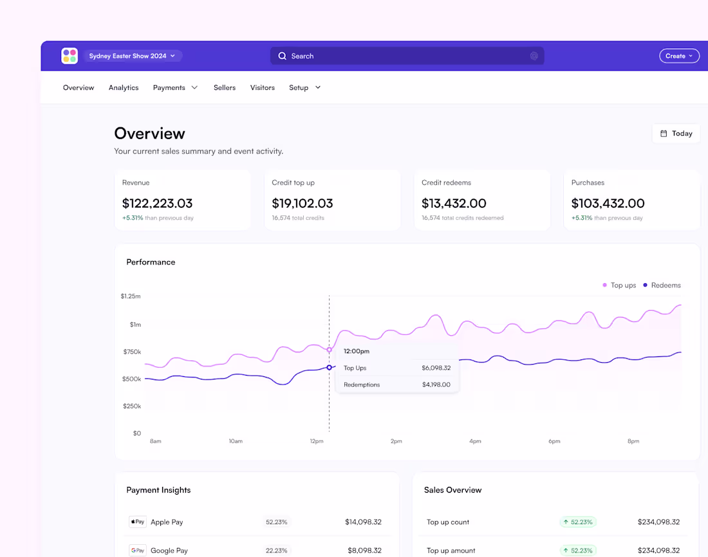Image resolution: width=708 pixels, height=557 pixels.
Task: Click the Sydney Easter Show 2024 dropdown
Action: pos(133,56)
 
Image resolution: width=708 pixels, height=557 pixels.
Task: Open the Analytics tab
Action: pos(124,87)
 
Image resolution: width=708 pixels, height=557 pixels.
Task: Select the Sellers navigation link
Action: pos(225,87)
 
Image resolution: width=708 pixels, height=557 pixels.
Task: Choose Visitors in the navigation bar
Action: pos(263,87)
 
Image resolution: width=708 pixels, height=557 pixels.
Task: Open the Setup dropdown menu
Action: pos(304,87)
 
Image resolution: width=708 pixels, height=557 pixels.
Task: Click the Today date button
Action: pos(676,134)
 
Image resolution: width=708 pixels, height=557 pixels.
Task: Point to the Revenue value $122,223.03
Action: pos(157,203)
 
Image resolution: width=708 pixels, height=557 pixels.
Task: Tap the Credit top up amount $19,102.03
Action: pos(303,203)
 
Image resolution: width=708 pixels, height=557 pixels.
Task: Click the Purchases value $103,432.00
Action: pos(608,203)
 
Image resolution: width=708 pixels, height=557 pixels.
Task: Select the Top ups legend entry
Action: pos(619,285)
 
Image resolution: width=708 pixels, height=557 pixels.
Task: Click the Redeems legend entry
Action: pos(662,285)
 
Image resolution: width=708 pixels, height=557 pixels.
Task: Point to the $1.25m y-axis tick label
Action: pos(131,297)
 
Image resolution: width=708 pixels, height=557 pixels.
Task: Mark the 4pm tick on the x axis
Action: pos(475,441)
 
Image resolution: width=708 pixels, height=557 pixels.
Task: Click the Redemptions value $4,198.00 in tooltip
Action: pos(436,385)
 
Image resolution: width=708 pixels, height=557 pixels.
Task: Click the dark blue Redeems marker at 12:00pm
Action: pos(330,367)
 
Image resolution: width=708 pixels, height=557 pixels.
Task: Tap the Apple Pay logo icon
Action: pos(138,522)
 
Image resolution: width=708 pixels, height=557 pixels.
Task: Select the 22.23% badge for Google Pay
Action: pos(276,551)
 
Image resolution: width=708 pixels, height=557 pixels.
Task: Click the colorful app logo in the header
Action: pos(70,56)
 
